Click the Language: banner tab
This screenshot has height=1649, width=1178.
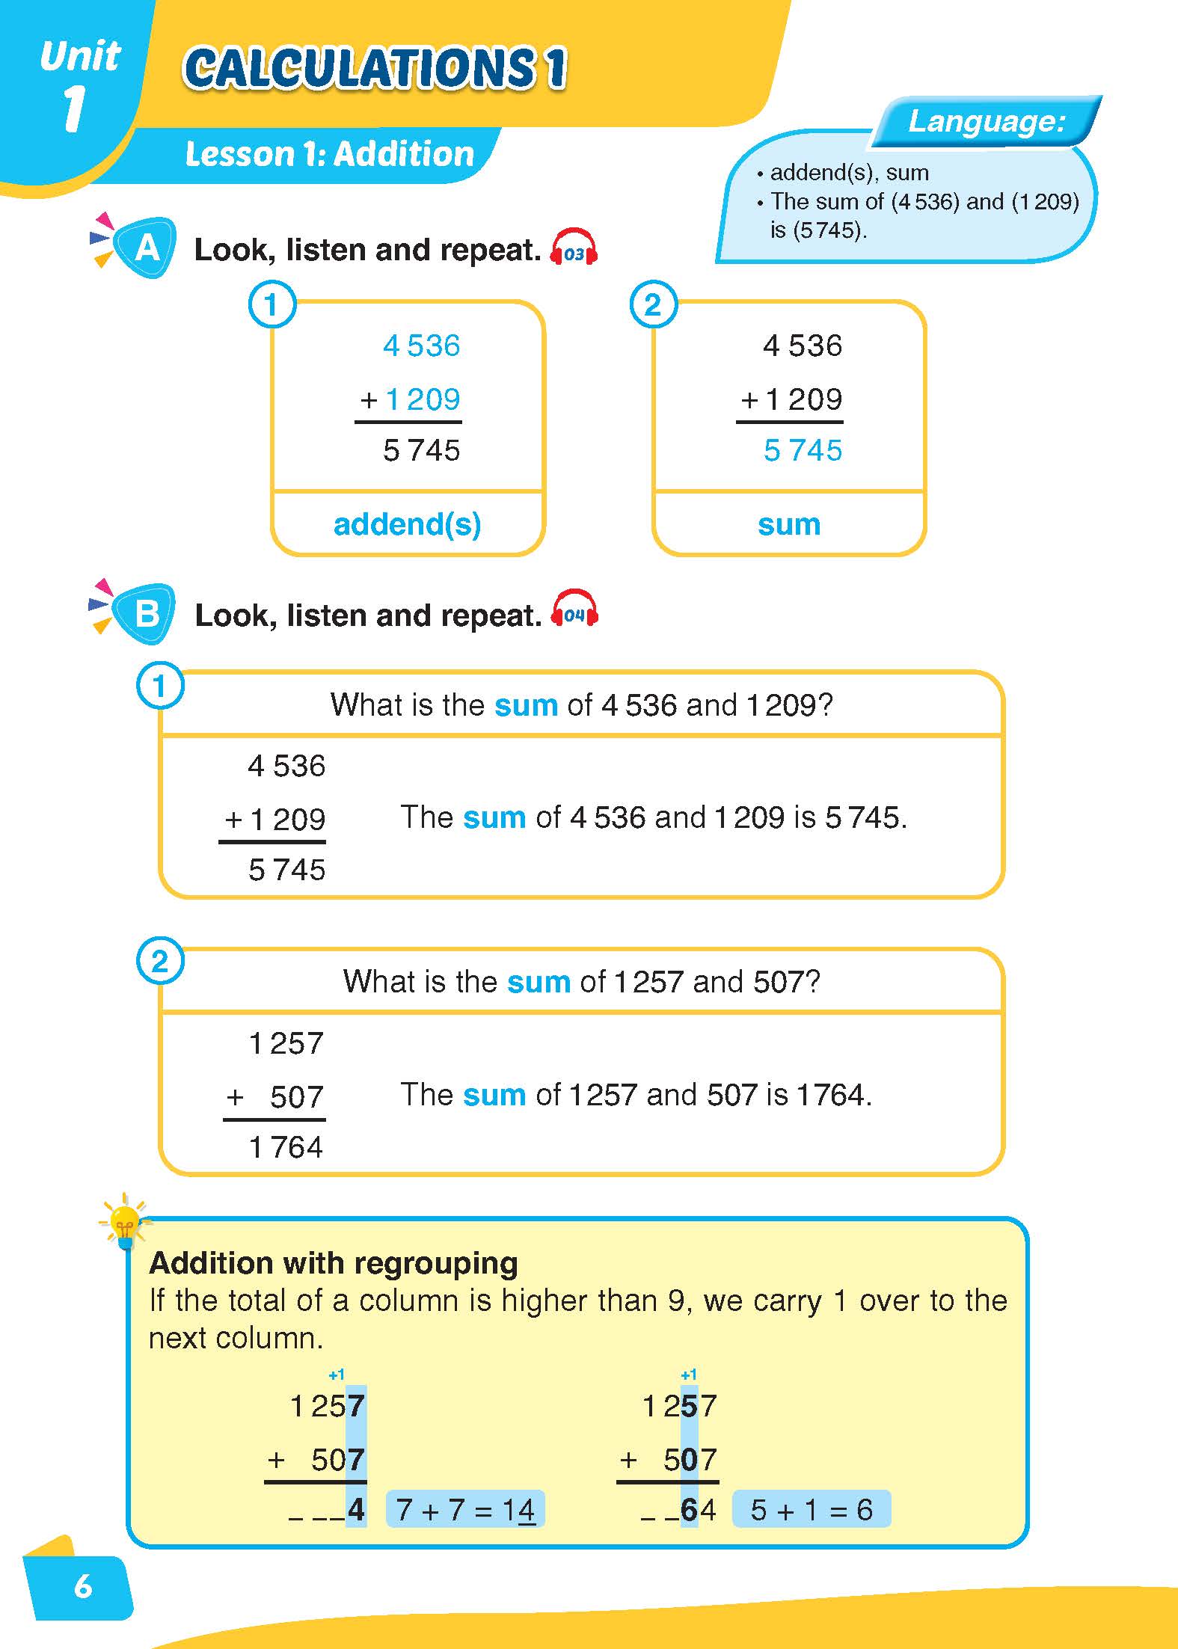click(x=986, y=121)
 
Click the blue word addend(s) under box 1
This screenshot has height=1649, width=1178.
click(x=407, y=524)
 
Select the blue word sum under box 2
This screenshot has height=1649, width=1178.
click(x=789, y=524)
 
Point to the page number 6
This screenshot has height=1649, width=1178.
click(x=83, y=1585)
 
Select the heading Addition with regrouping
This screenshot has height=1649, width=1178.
click(x=334, y=1263)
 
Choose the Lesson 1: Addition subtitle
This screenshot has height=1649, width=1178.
click(x=329, y=154)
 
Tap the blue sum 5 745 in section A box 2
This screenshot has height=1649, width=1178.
click(x=803, y=450)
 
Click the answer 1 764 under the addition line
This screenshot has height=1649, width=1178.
click(x=286, y=1146)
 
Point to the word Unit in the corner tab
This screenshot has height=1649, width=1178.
click(x=80, y=56)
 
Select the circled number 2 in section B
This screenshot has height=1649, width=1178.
click(x=159, y=961)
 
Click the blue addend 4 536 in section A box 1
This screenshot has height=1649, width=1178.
click(x=421, y=346)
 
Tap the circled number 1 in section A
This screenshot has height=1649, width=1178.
click(x=272, y=304)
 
